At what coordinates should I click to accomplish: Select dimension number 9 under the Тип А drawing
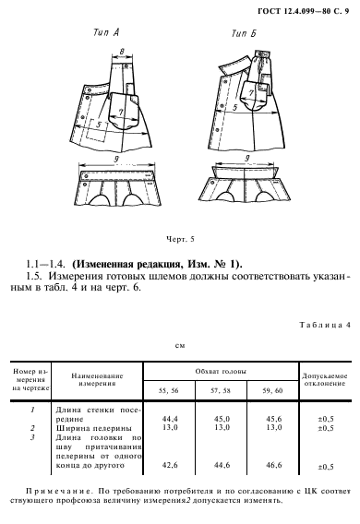(x=117, y=161)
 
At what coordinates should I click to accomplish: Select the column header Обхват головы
(x=221, y=370)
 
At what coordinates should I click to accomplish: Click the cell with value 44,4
(x=169, y=418)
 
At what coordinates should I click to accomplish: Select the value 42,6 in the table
(x=169, y=465)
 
